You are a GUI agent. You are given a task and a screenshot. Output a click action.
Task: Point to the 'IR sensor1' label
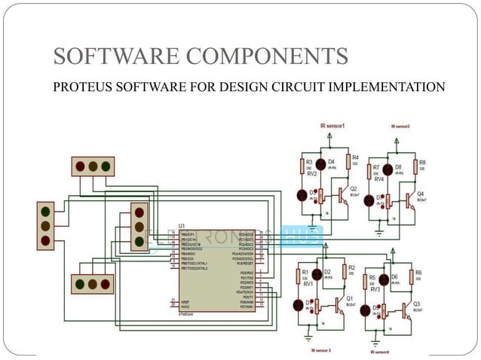click(x=332, y=126)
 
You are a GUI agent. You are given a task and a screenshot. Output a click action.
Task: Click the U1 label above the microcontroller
click(x=182, y=224)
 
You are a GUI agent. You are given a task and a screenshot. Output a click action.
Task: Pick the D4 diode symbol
click(x=320, y=163)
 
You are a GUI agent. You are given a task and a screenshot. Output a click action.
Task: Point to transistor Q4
click(x=411, y=200)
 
